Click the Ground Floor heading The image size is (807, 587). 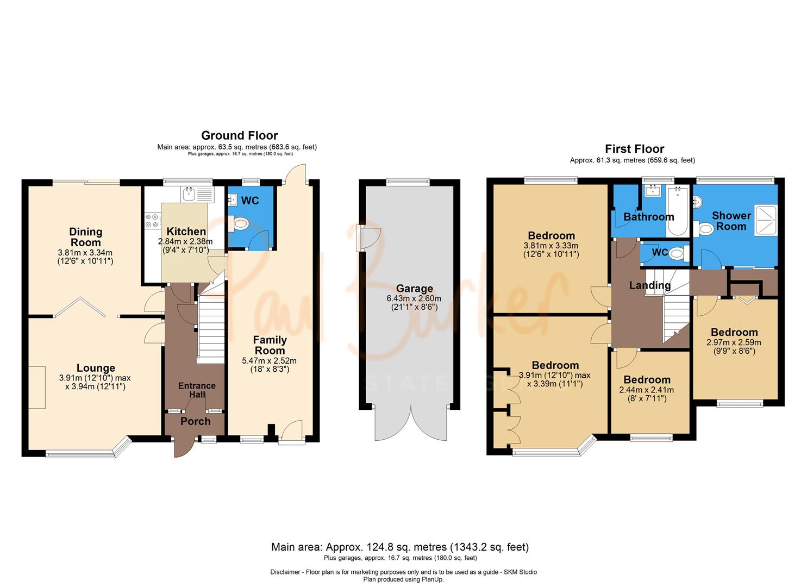239,135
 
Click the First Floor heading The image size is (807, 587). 634,149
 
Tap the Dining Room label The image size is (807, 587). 85,237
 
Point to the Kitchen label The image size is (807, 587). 186,232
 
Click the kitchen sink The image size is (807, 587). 190,193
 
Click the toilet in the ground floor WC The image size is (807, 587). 239,223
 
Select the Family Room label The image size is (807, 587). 270,345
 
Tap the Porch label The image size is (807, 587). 195,421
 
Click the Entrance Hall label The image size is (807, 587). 197,389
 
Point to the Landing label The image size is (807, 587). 649,285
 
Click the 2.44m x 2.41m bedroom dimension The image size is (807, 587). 647,390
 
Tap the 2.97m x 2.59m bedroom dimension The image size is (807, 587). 734,342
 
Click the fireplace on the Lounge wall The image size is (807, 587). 37,387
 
